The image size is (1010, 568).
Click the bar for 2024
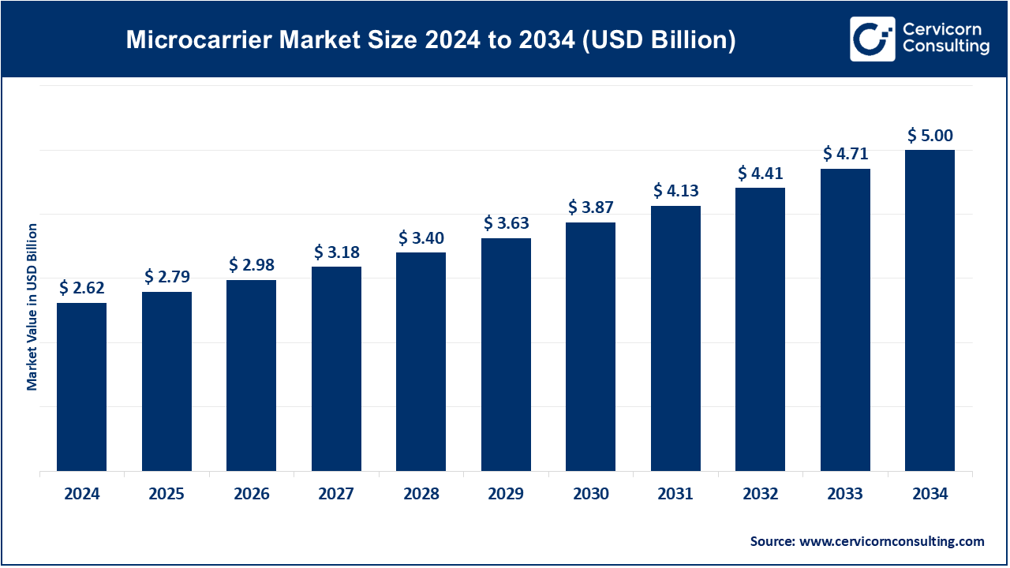pos(82,387)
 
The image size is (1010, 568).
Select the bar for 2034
pos(930,311)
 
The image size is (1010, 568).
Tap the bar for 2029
pos(506,355)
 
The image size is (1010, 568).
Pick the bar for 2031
pos(675,339)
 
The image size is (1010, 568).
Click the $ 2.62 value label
pos(82,288)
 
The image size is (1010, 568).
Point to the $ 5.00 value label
pos(930,136)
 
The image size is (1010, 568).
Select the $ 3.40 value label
pos(421,237)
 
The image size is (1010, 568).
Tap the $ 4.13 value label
pos(675,191)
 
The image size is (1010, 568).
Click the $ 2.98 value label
pos(252,264)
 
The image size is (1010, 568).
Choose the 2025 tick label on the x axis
pos(166,495)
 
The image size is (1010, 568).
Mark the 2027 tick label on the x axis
pos(336,495)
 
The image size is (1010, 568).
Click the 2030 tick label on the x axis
pos(590,495)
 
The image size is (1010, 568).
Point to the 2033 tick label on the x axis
pos(845,495)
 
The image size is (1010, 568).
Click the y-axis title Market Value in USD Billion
pos(32,307)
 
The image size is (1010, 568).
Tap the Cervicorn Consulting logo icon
pos(872,39)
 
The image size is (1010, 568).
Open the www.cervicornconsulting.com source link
pos(892,541)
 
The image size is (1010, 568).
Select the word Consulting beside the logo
pos(945,47)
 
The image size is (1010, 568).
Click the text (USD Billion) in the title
pos(659,40)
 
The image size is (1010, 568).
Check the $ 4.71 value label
pos(845,153)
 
